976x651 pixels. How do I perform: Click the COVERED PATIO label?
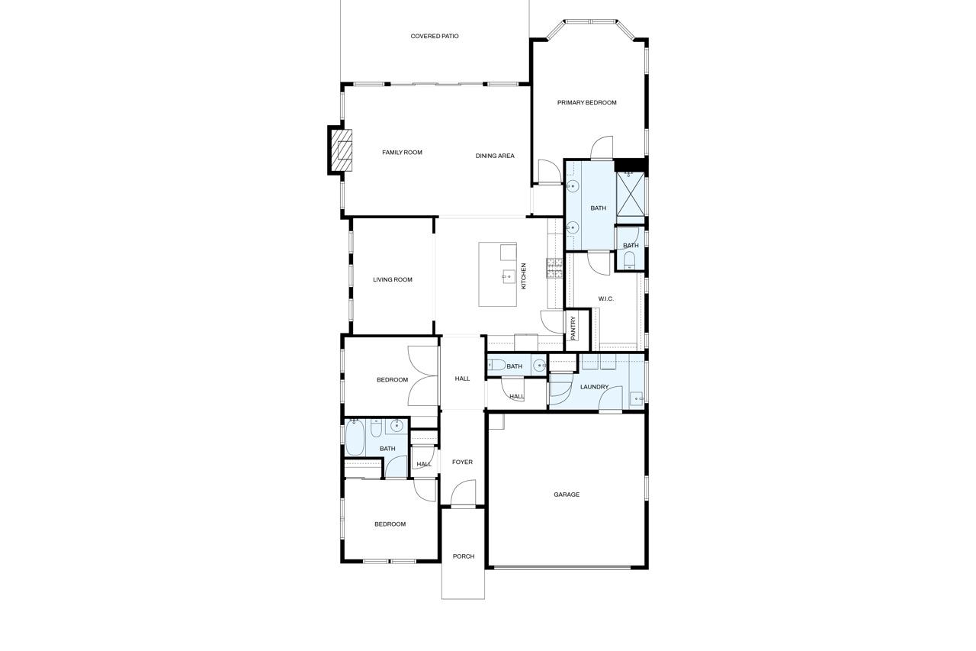coord(435,36)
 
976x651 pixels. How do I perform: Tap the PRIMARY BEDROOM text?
coord(586,102)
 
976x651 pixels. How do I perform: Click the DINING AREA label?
coord(495,156)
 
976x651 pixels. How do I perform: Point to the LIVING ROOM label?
coord(393,279)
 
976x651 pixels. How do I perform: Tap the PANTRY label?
coord(573,328)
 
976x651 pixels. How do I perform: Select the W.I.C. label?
coord(606,298)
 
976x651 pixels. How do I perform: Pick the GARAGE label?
coord(567,495)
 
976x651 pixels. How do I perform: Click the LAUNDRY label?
coord(594,387)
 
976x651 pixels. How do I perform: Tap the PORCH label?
coord(463,556)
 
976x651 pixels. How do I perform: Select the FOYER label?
coord(462,462)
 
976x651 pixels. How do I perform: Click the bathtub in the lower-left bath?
coord(355,440)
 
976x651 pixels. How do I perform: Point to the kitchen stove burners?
coord(554,268)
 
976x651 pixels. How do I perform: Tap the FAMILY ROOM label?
coord(402,153)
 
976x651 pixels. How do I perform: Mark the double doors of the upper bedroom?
coord(422,375)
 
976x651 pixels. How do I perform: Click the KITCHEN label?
coord(524,276)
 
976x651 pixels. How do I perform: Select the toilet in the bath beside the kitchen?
coord(496,366)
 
